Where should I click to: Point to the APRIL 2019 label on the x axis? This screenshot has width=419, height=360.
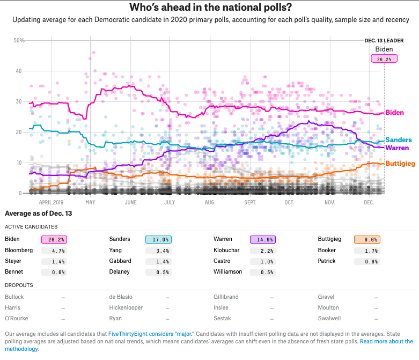pos(55,203)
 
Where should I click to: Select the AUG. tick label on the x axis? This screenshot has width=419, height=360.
pos(210,203)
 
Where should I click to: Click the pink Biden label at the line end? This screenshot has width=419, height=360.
pos(395,113)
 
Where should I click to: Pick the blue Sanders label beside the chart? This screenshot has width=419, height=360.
pos(398,140)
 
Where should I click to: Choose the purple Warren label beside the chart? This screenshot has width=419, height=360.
pos(397,148)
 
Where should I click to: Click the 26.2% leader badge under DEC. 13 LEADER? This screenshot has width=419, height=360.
pos(384,59)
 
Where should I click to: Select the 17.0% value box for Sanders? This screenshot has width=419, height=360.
pos(158,240)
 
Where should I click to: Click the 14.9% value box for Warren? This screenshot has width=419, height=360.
pos(263,240)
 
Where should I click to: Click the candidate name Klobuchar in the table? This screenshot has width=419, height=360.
pos(228,251)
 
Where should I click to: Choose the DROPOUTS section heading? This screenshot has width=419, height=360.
pos(19,285)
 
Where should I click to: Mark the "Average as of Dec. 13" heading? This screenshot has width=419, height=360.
pos(38,214)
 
